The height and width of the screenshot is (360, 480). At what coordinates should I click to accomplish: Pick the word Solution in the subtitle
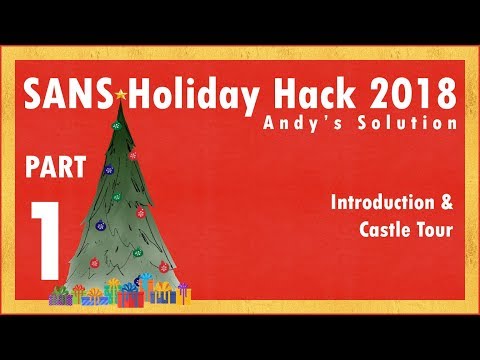[x=408, y=123]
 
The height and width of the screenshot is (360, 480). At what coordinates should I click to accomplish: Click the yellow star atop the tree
[x=121, y=96]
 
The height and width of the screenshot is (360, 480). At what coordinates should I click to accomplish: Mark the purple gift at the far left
[x=62, y=295]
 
